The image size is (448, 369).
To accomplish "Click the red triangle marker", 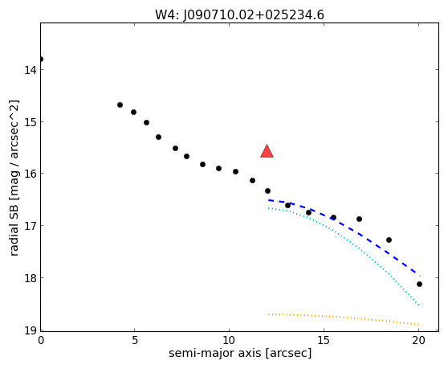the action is pyautogui.click(x=267, y=152).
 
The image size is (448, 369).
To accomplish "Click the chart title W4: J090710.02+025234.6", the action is pyautogui.click(x=239, y=15).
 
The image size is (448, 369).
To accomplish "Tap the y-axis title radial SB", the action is pyautogui.click(x=14, y=178).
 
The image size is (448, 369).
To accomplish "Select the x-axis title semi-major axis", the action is pyautogui.click(x=240, y=353).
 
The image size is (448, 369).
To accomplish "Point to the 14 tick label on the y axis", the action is pyautogui.click(x=31, y=69).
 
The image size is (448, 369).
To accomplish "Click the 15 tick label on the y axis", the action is pyautogui.click(x=31, y=122).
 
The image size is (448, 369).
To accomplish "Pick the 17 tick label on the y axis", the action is pyautogui.click(x=31, y=226).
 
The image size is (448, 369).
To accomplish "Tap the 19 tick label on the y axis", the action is pyautogui.click(x=31, y=330).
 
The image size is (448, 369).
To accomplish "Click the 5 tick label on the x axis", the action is pyautogui.click(x=135, y=340).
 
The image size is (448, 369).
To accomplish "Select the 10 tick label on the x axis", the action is pyautogui.click(x=229, y=340).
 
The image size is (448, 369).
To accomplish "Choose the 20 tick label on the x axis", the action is pyautogui.click(x=418, y=340).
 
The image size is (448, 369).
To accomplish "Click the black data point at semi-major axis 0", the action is pyautogui.click(x=41, y=59).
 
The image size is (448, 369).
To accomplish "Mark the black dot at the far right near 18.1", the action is pyautogui.click(x=419, y=284).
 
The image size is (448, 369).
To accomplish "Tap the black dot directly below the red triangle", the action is pyautogui.click(x=267, y=191).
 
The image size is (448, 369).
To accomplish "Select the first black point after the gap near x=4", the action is pyautogui.click(x=120, y=105).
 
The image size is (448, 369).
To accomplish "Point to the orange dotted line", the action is pyautogui.click(x=344, y=318).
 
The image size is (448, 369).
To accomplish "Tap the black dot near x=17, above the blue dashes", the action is pyautogui.click(x=359, y=219).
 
